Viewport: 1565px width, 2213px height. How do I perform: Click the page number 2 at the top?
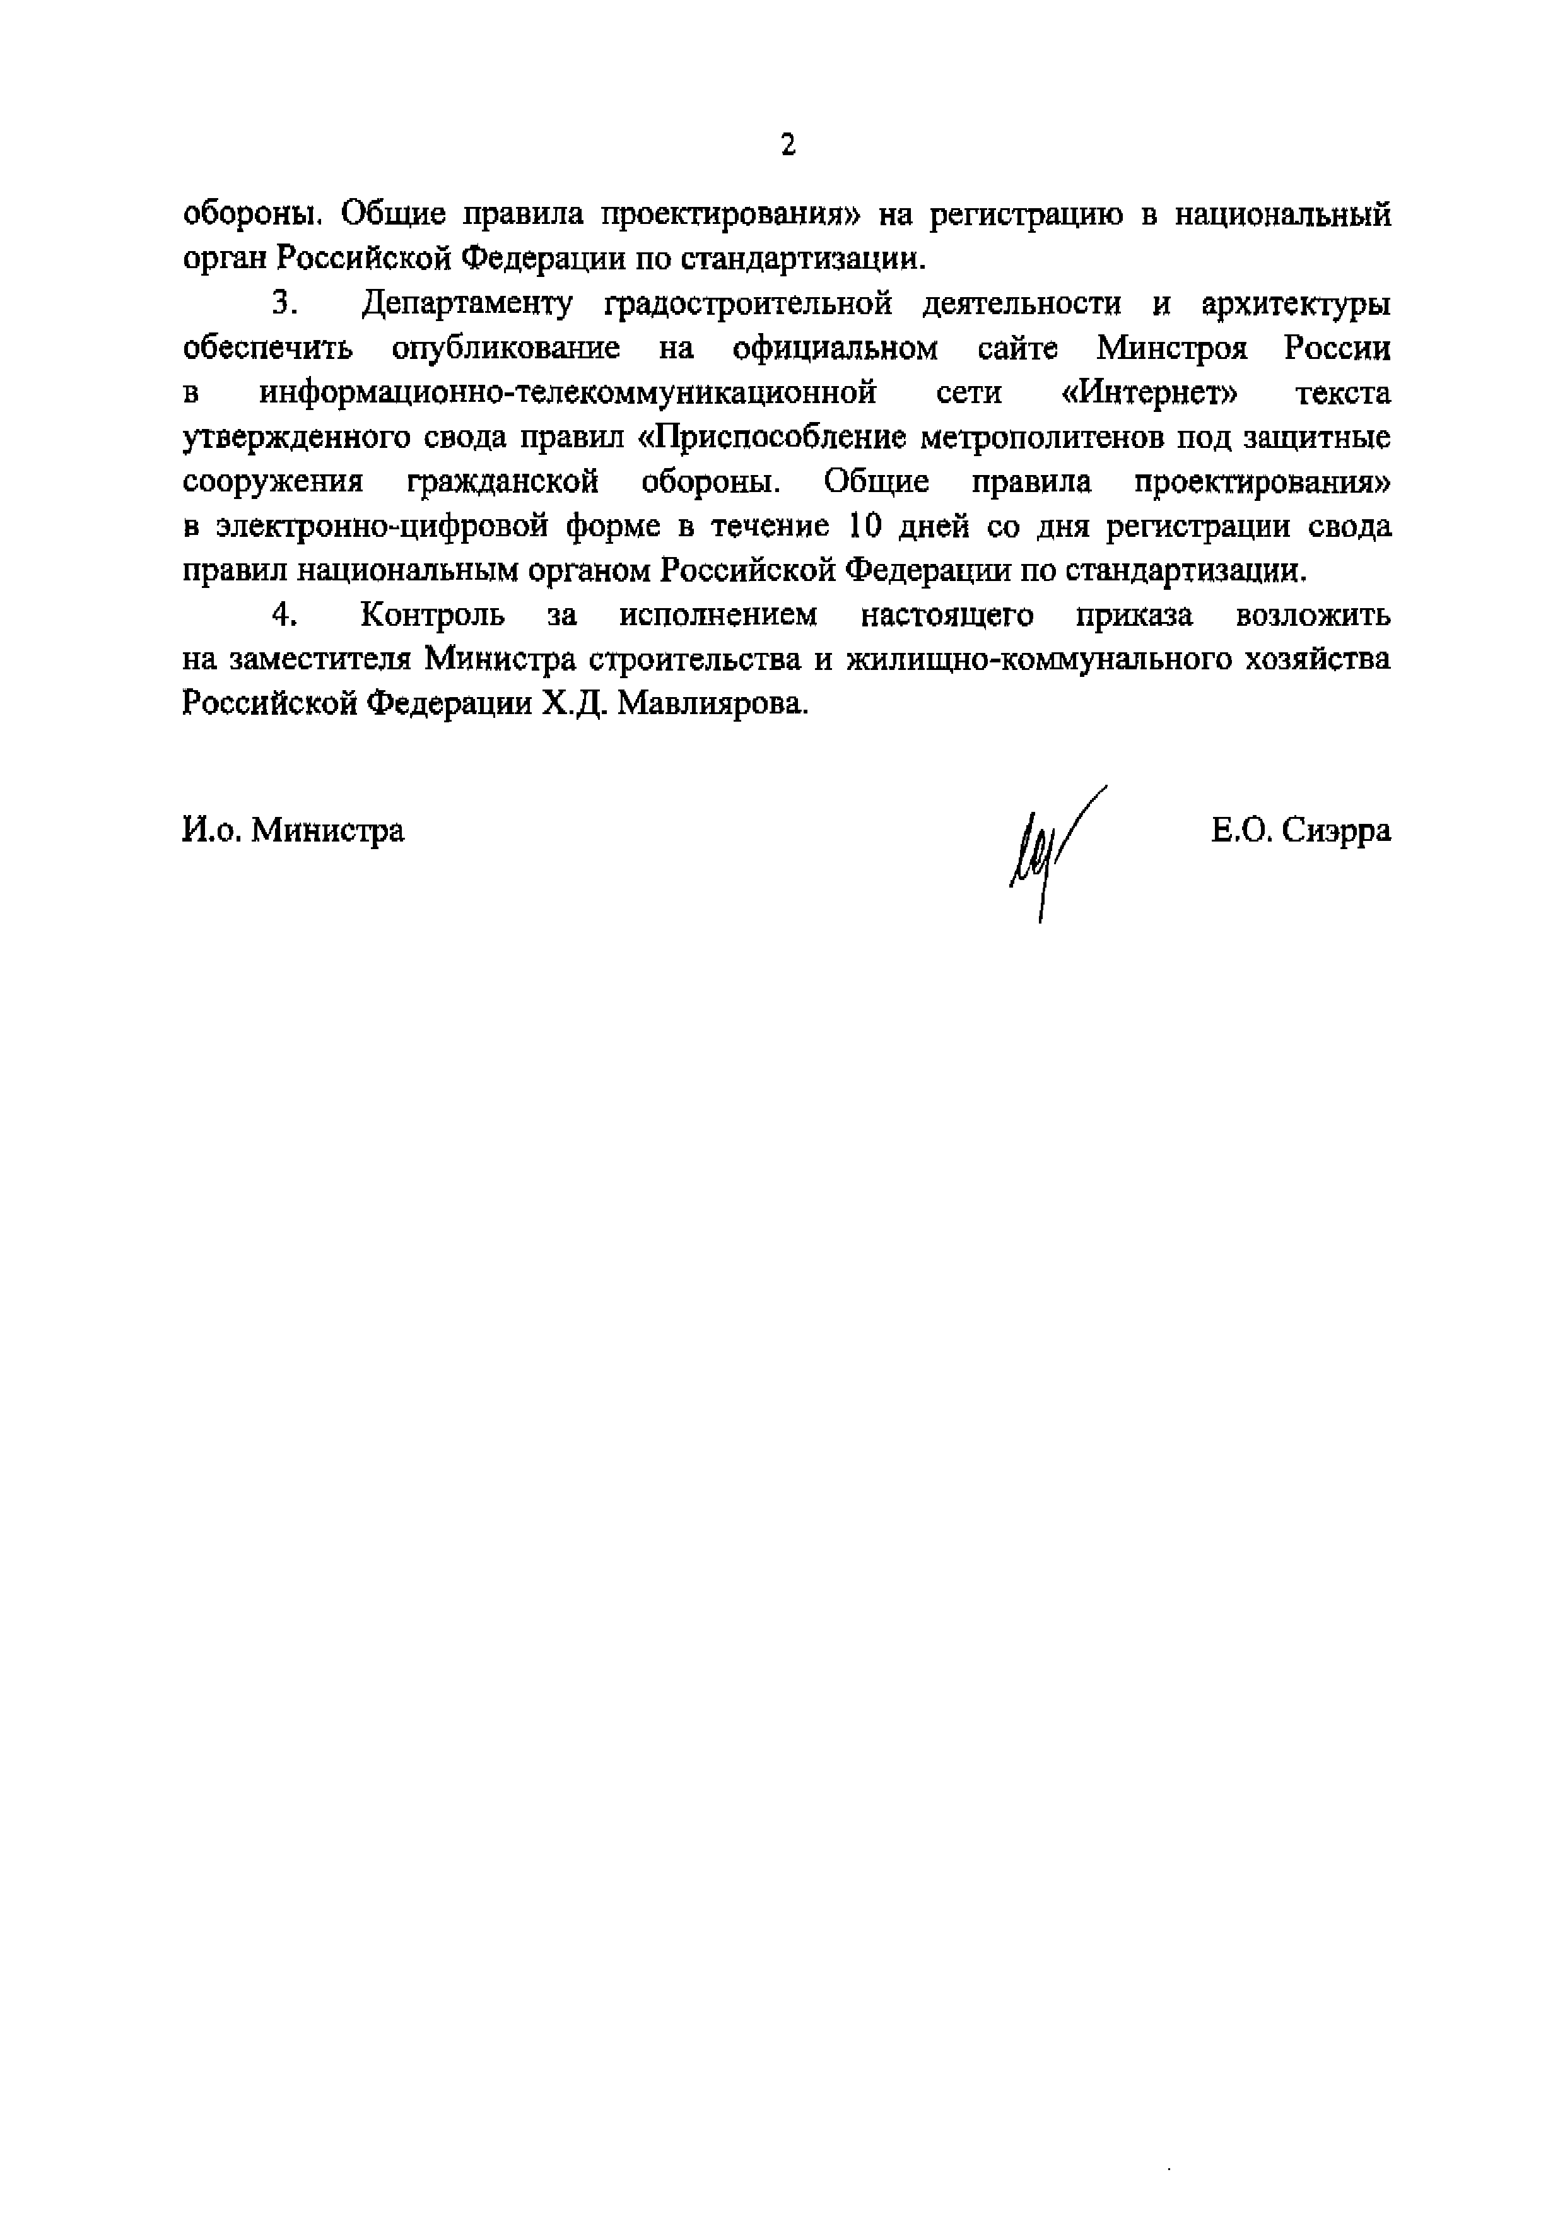788,146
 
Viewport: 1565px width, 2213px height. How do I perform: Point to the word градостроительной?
748,305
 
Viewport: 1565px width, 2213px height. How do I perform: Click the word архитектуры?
1296,305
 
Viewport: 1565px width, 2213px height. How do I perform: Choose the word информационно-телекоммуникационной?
568,393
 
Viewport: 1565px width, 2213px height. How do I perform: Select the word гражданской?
502,482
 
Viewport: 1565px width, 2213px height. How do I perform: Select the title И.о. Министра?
293,830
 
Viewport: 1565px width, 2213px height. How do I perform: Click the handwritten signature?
1050,848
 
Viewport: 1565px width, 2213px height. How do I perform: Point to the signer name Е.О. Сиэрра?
1301,830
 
